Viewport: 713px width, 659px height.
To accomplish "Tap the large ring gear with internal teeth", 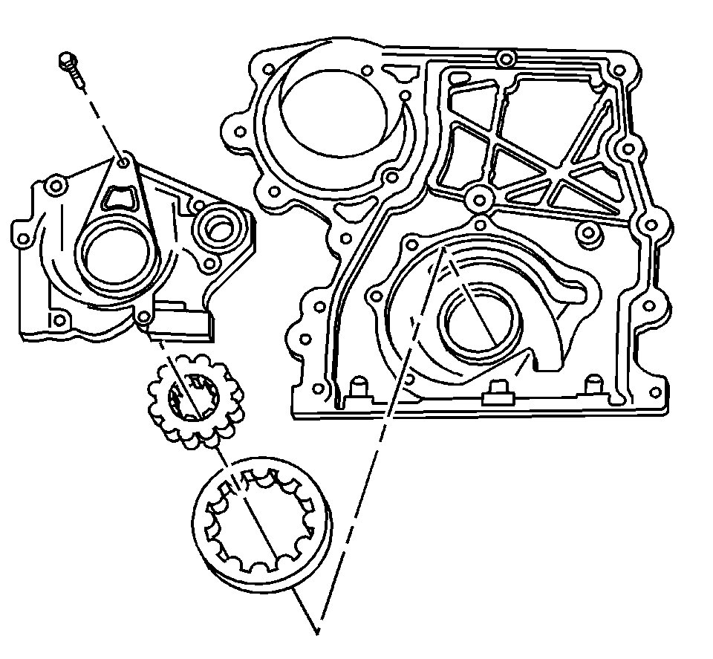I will pyautogui.click(x=259, y=524).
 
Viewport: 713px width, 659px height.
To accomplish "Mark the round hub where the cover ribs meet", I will pyautogui.click(x=478, y=199).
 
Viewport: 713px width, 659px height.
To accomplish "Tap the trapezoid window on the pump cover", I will pyautogui.click(x=119, y=197).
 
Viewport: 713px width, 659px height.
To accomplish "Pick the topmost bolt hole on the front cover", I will pyautogui.click(x=507, y=59).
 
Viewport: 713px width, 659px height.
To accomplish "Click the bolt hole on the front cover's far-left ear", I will pyautogui.click(x=241, y=132).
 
